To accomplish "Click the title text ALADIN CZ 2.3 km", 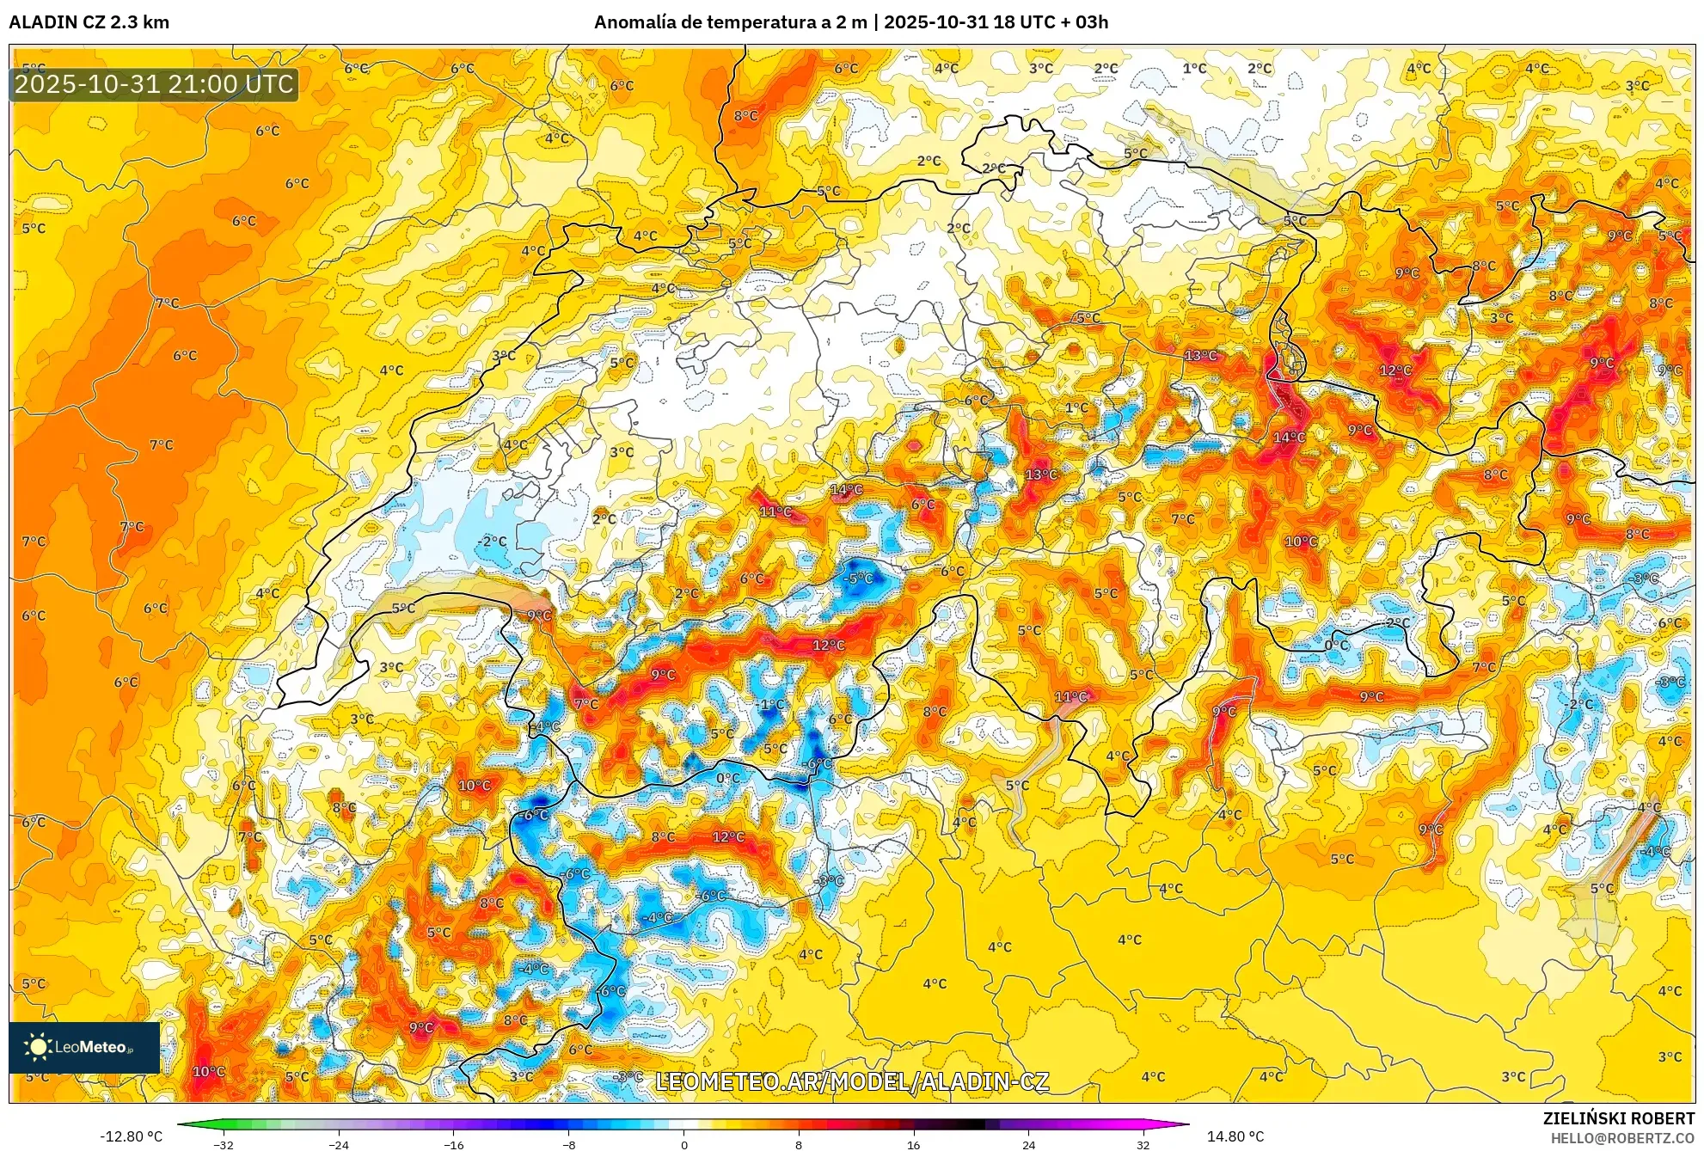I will tap(89, 22).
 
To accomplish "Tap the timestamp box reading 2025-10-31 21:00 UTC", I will tap(154, 84).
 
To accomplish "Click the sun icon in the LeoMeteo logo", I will tap(38, 1047).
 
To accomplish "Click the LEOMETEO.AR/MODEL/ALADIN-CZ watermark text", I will tap(851, 1081).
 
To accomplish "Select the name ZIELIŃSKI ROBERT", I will tap(1618, 1118).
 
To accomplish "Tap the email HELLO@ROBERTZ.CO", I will tap(1621, 1138).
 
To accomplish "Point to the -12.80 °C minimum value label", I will tap(131, 1136).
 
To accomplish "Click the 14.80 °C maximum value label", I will tap(1235, 1136).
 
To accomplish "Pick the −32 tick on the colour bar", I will tap(224, 1144).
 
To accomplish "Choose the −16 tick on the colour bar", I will tap(454, 1144).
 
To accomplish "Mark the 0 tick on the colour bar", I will tap(684, 1144).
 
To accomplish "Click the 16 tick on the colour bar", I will tap(913, 1144).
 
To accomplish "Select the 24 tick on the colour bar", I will tap(1028, 1144).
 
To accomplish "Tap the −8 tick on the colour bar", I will tap(569, 1144).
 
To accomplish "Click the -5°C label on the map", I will tap(858, 579).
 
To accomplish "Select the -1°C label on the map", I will tap(771, 705).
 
